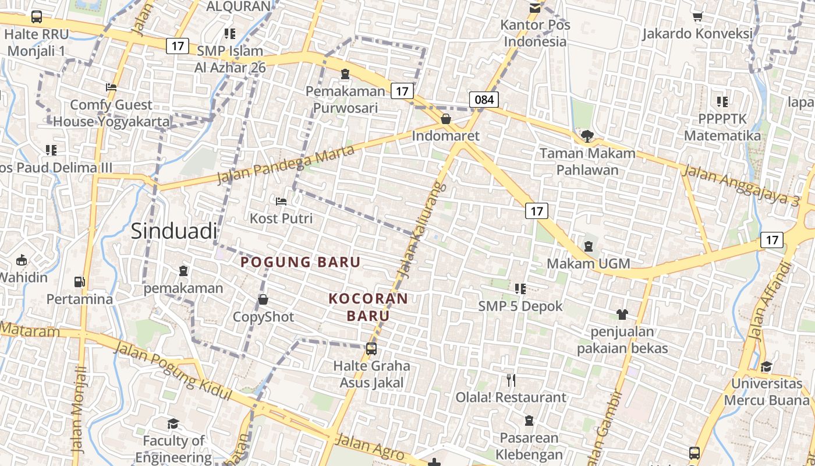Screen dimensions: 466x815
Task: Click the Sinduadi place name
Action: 173,231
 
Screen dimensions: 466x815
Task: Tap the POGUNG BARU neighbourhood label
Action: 300,262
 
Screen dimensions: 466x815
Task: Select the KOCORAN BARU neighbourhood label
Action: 368,307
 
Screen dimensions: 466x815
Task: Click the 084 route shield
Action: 484,100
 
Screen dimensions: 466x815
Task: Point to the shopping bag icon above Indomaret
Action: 446,119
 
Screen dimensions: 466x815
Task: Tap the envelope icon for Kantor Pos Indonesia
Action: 534,8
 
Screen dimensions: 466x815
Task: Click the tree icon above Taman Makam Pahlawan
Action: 587,136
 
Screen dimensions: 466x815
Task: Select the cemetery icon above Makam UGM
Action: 589,246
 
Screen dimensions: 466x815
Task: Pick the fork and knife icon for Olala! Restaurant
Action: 511,380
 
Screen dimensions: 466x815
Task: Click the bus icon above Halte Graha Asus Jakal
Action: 371,349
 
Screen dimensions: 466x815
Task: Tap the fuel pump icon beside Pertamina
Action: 79,282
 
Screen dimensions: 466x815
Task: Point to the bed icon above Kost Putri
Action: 281,202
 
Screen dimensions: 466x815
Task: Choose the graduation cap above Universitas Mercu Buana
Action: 766,366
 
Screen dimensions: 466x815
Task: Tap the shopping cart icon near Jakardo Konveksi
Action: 697,16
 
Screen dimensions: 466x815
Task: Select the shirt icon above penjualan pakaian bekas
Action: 622,315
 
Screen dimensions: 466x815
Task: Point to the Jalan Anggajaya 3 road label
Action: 740,184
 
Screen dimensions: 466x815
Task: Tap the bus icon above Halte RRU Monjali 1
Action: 37,17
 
